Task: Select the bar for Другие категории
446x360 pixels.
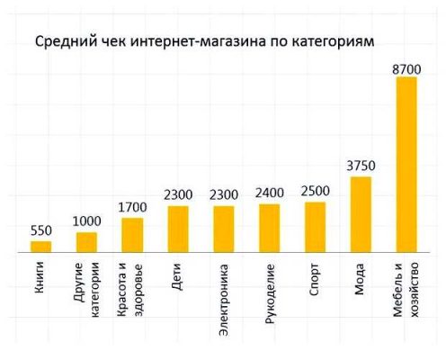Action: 86,243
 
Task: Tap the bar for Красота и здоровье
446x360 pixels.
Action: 132,236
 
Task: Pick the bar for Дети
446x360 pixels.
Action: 178,229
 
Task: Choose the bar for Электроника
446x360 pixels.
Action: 223,229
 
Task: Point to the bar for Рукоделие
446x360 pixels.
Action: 269,229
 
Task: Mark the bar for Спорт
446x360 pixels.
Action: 315,228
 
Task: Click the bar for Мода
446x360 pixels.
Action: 361,215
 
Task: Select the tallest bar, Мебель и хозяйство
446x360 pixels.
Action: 406,166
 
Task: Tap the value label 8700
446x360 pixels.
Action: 406,67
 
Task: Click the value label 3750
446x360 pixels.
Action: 361,166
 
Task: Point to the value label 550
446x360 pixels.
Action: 40,230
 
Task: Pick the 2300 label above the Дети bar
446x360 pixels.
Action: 178,194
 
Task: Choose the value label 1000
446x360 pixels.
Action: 86,221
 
